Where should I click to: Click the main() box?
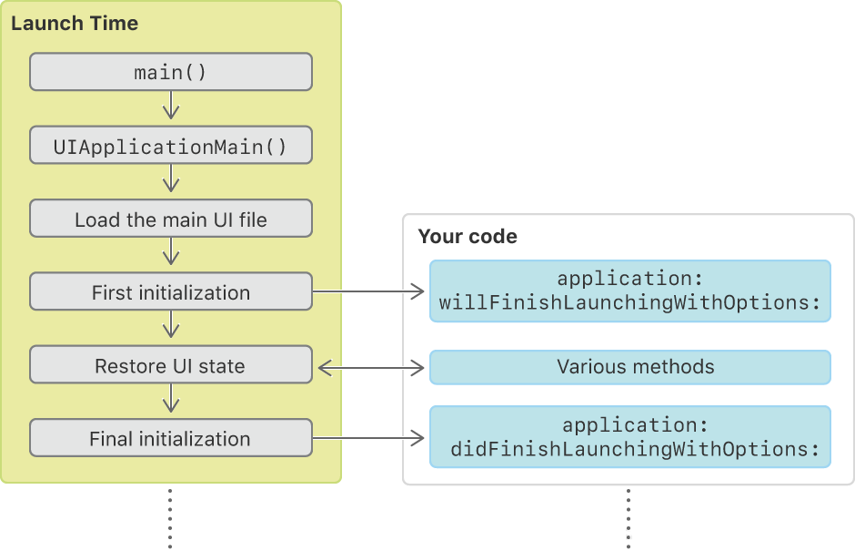171,72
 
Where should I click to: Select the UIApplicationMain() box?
171,145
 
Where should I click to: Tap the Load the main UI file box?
171,219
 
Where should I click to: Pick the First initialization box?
171,291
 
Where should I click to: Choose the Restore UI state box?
171,364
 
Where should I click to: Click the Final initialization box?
171,437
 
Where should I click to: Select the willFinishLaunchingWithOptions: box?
629,291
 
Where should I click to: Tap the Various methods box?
629,367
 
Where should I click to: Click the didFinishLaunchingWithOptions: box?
629,437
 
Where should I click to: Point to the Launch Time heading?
75,24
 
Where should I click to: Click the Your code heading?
468,237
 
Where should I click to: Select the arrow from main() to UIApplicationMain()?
171,105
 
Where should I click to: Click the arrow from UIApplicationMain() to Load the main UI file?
171,178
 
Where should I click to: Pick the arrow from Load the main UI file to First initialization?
171,251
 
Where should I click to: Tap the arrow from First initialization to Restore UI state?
171,324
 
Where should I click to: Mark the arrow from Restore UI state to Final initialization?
171,398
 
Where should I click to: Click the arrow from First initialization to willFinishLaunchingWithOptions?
368,291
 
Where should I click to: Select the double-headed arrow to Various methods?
371,368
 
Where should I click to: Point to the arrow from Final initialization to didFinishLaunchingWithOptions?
368,438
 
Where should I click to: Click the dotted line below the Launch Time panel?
170,518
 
